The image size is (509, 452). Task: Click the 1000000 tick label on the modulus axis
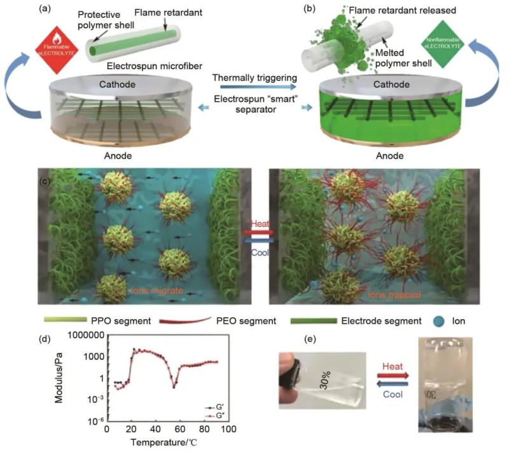[76, 335]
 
